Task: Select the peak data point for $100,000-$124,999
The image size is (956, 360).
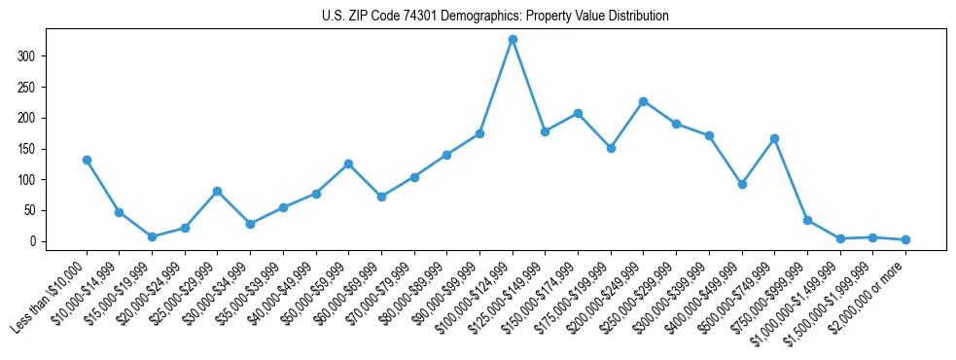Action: [x=513, y=39]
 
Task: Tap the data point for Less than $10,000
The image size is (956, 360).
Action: [x=87, y=160]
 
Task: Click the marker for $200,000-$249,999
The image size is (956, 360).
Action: [x=644, y=101]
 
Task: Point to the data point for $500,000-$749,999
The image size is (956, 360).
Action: [x=774, y=138]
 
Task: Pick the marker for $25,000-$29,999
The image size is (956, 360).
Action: [x=217, y=191]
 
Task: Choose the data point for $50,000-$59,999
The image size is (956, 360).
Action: [x=348, y=163]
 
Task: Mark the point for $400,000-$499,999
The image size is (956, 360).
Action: [x=742, y=184]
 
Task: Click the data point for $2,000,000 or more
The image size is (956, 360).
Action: [x=905, y=239]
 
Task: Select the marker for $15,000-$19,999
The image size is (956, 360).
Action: [x=152, y=236]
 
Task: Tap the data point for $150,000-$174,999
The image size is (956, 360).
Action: [x=578, y=113]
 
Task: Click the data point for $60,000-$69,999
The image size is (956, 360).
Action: [x=381, y=197]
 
